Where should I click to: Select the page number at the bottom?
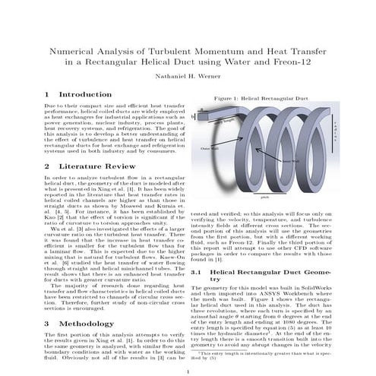click(x=188, y=370)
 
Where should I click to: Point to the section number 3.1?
click(x=197, y=271)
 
